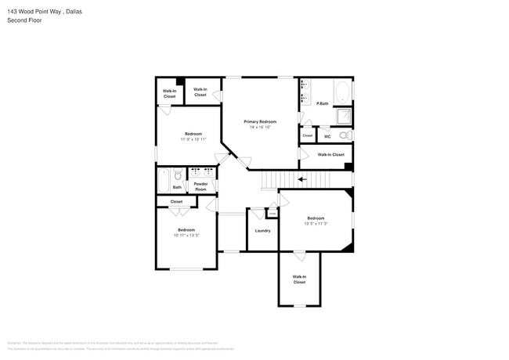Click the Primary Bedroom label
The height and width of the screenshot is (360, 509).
260,122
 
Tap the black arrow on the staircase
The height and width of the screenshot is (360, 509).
302,179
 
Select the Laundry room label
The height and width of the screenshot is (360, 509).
262,230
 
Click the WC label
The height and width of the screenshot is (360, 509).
327,136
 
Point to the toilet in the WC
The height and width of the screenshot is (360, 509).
345,135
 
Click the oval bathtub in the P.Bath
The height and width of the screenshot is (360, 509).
342,93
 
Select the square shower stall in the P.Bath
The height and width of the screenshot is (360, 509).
343,117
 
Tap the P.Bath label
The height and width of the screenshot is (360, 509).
322,103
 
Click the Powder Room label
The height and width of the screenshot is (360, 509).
200,188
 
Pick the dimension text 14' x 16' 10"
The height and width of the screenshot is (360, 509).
260,128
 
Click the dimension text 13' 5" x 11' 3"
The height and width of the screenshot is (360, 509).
316,223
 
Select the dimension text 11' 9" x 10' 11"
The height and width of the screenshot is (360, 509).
193,139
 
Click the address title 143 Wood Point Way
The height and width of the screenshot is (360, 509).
44,12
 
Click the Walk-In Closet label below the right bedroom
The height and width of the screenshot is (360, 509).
299,279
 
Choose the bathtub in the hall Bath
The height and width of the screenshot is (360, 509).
163,181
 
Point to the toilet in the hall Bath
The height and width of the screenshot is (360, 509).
178,175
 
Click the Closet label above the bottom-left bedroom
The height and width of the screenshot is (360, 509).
176,202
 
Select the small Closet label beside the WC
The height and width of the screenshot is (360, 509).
307,135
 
